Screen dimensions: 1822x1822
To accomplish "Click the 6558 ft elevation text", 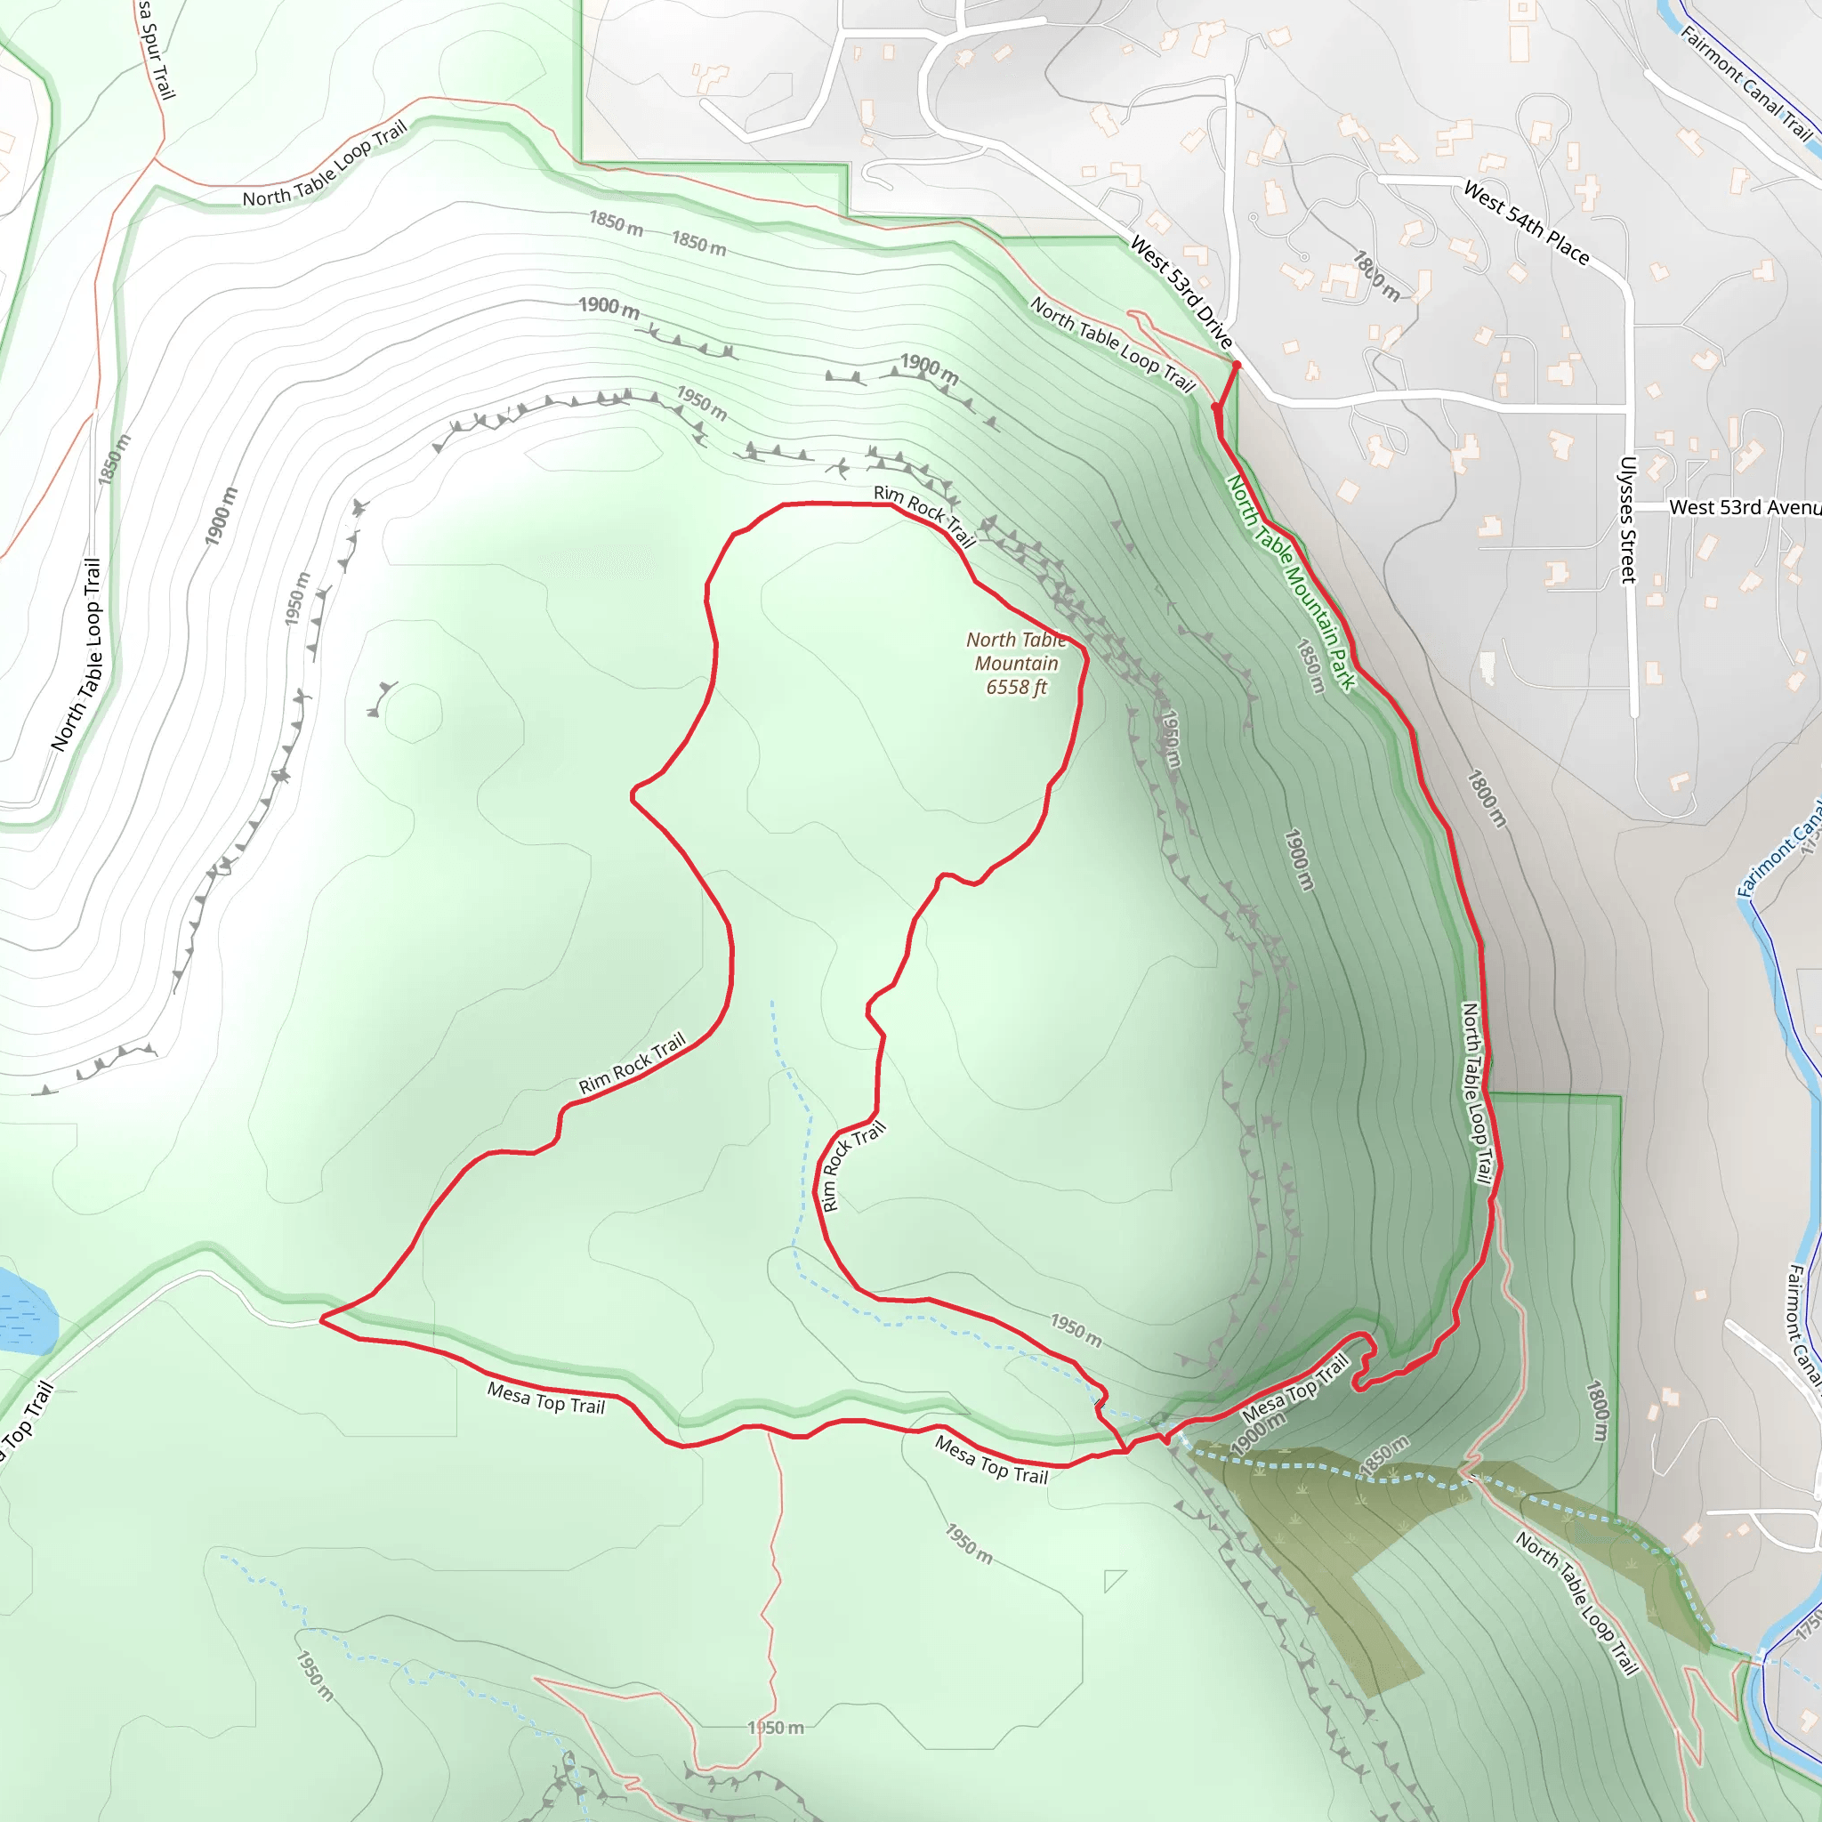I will (x=1016, y=688).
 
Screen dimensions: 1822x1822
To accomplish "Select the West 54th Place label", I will (x=1526, y=222).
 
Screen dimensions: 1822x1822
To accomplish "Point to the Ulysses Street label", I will (x=1628, y=520).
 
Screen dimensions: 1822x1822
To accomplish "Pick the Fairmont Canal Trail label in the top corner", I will (x=1745, y=82).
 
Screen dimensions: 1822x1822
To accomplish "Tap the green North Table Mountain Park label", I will (x=1290, y=582).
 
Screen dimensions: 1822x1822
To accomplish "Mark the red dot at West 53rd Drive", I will (x=1237, y=365).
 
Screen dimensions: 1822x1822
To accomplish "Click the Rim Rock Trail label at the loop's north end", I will (x=923, y=515).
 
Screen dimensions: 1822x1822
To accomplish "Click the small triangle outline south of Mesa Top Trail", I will (x=1114, y=1580).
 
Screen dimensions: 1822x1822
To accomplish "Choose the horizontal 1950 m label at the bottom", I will (x=775, y=1728).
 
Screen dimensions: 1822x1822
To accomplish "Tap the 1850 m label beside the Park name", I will (x=1310, y=665).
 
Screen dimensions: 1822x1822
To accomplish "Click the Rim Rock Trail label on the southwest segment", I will (x=632, y=1064).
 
